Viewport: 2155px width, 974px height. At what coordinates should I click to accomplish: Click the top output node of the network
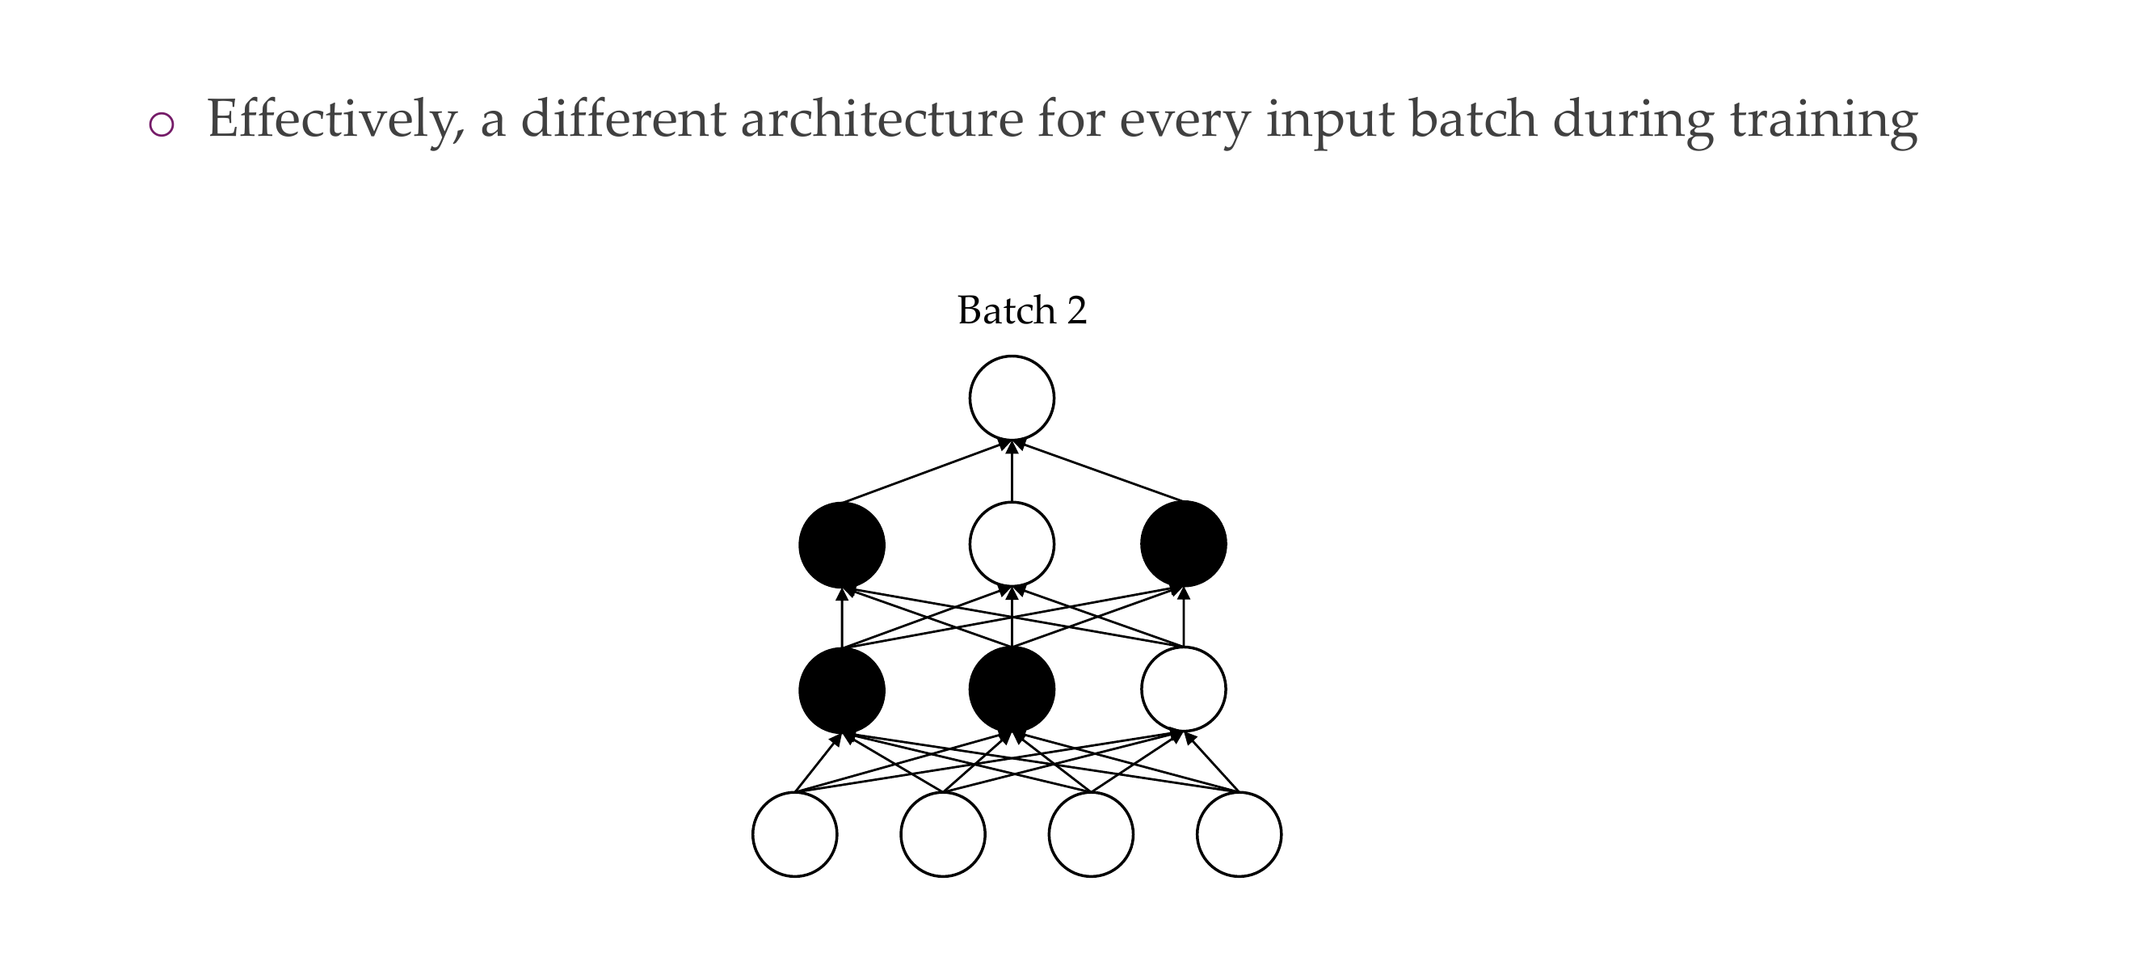click(x=1012, y=398)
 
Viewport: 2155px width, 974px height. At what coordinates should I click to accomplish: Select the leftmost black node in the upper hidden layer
click(x=842, y=544)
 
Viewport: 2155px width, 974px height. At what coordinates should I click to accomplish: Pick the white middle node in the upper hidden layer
click(x=1012, y=544)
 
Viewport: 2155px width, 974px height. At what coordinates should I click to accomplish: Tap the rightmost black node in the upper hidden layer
click(x=1183, y=544)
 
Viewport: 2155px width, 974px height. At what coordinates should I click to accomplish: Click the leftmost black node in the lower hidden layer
click(x=842, y=689)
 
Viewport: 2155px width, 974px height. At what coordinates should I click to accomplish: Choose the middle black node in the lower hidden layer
click(x=1012, y=689)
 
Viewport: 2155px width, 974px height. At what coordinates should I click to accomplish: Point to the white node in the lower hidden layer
click(x=1183, y=689)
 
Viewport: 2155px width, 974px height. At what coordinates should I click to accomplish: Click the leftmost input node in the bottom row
click(x=795, y=834)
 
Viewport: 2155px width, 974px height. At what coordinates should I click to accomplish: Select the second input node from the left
click(x=943, y=834)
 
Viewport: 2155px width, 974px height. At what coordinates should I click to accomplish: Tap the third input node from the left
click(x=1091, y=834)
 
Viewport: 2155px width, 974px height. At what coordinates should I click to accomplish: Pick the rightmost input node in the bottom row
click(x=1239, y=834)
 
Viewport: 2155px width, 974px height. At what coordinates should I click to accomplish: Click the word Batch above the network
click(x=1006, y=310)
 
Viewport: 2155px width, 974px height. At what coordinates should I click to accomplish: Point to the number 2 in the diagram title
click(x=1076, y=310)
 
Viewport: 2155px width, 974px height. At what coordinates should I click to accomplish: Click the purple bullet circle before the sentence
click(x=161, y=124)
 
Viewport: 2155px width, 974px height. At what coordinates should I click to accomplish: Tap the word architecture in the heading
click(x=882, y=119)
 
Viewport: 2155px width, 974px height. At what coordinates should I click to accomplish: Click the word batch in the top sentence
click(x=1473, y=119)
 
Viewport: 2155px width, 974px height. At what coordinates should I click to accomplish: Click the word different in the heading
click(x=623, y=119)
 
